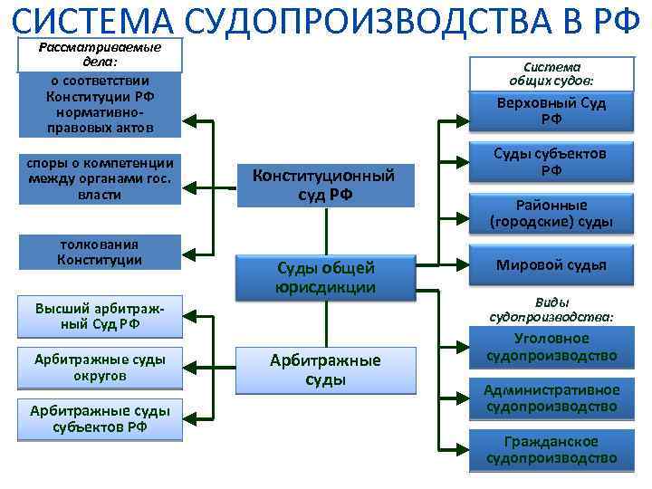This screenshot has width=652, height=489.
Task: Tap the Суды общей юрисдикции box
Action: pos(325,277)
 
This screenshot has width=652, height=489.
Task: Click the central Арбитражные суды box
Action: pos(325,369)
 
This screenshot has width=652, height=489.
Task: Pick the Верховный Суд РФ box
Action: pos(551,110)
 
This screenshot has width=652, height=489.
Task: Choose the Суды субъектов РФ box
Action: pos(551,162)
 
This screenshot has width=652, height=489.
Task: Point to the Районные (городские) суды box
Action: pos(551,213)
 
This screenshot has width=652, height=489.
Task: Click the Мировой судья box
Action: pos(551,264)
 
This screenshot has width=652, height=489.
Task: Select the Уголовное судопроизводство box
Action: pos(551,347)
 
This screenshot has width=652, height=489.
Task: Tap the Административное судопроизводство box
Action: pos(551,398)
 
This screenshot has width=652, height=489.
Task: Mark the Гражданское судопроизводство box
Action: pos(551,450)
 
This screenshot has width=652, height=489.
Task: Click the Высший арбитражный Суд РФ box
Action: pos(100,316)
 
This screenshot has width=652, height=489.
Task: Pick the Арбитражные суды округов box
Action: pos(100,368)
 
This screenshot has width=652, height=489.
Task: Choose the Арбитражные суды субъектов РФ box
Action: pos(100,419)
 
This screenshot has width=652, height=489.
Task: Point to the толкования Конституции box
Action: pos(100,252)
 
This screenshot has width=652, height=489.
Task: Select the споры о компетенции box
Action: pos(100,177)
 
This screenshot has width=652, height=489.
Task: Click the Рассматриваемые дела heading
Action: pos(100,54)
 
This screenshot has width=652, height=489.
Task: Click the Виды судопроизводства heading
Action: pos(551,310)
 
